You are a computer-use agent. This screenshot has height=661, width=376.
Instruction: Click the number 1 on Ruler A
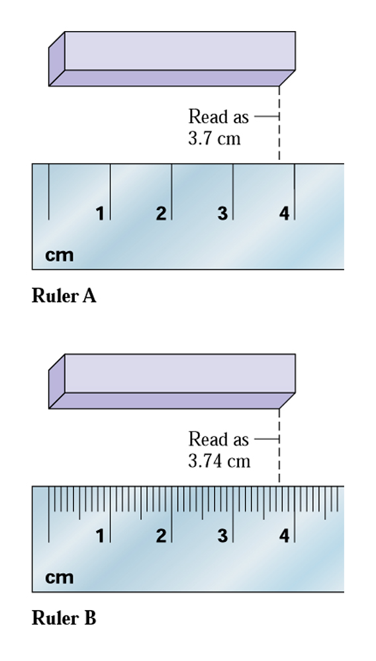pos(100,214)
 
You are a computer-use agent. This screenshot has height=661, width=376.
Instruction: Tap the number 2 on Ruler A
pos(161,214)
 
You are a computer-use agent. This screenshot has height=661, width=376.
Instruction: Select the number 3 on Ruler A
pos(222,214)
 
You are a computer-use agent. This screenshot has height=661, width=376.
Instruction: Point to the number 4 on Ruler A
pos(284,214)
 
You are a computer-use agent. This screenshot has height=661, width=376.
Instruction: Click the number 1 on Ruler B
pos(100,536)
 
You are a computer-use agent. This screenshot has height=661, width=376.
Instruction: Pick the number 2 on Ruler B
pos(161,536)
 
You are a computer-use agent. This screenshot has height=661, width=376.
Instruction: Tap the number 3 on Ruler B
pos(222,536)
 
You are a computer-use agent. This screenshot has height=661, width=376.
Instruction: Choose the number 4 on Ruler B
pos(284,536)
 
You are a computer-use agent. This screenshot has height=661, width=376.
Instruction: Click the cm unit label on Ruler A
pos(59,255)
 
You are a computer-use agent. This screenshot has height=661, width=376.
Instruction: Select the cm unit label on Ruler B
pos(59,578)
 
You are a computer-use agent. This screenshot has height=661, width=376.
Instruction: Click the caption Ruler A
pos(64,295)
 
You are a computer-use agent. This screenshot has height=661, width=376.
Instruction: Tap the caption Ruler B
pos(64,618)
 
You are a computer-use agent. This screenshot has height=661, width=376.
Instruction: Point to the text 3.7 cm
pos(214,138)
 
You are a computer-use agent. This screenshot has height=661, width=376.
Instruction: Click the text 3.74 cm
pos(219,461)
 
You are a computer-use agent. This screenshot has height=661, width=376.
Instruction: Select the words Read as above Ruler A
pos(218,116)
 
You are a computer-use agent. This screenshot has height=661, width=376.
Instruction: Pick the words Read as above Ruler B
pos(218,440)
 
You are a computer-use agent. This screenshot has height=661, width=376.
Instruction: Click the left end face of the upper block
pos(57,59)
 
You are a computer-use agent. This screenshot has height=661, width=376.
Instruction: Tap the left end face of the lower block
pos(57,381)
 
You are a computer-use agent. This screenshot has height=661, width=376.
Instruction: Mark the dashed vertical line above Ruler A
pos(279,123)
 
